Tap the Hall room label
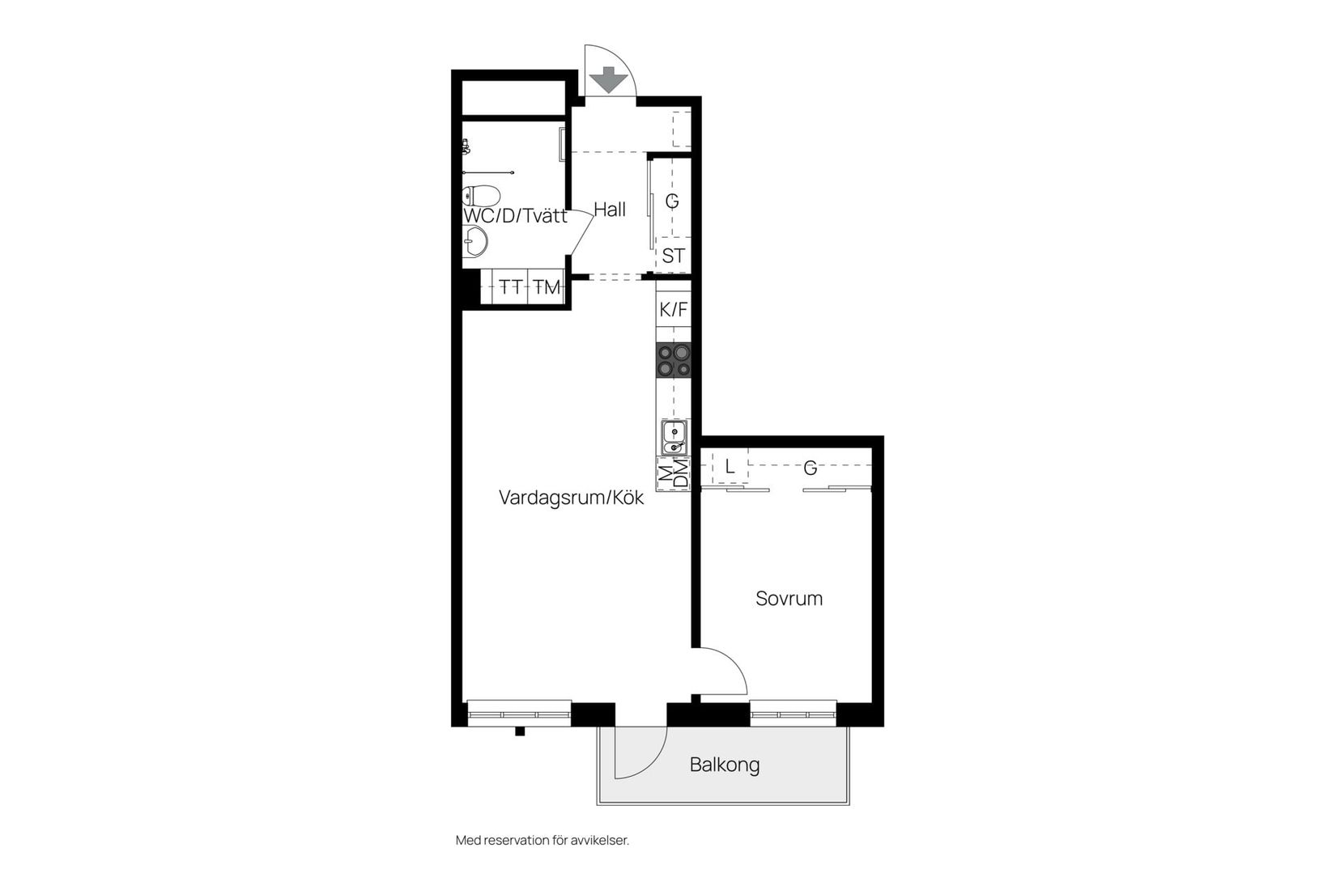[x=610, y=210]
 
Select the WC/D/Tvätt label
[x=515, y=216]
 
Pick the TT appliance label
[x=510, y=287]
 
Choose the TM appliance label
[x=547, y=287]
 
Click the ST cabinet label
[x=673, y=256]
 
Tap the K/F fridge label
[x=673, y=309]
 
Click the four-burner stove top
[x=674, y=360]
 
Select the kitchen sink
[x=674, y=438]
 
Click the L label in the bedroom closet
[x=730, y=467]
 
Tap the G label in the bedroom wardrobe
[x=810, y=468]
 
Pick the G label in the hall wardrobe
[x=672, y=201]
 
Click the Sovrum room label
[x=789, y=599]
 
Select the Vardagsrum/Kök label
[x=571, y=498]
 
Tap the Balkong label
[x=725, y=765]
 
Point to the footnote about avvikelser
[x=542, y=841]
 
